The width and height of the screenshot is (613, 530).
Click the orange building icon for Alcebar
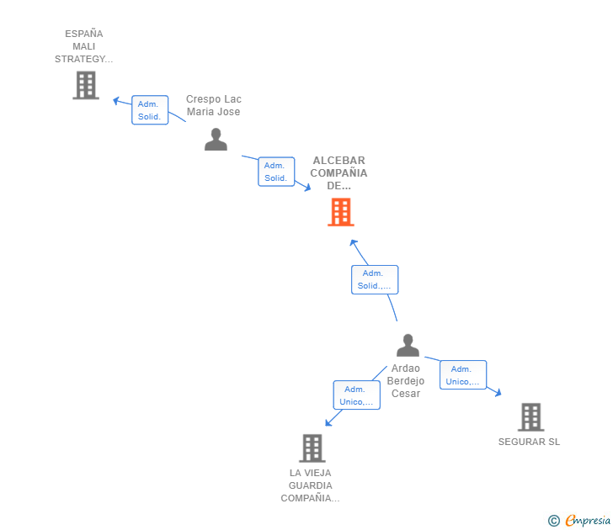click(340, 212)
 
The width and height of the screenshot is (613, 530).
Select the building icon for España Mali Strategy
click(85, 85)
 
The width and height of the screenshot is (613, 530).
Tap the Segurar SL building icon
click(530, 416)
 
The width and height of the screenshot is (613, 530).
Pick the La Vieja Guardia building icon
click(312, 448)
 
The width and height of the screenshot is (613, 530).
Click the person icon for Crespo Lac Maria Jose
click(216, 140)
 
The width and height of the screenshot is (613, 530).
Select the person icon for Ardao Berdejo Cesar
click(408, 345)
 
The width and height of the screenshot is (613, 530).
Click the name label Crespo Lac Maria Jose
click(213, 105)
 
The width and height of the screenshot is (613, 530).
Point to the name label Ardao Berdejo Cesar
click(406, 381)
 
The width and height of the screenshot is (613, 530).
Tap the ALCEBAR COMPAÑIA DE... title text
click(338, 172)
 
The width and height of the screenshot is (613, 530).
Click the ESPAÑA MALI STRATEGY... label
click(83, 46)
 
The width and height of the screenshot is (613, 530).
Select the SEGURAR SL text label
click(529, 443)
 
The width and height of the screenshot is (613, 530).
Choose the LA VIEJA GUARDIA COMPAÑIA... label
click(310, 485)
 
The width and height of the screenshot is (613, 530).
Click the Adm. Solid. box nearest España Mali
click(150, 110)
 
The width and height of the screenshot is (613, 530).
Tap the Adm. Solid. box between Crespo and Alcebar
click(276, 172)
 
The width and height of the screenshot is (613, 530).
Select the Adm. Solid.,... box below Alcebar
click(374, 279)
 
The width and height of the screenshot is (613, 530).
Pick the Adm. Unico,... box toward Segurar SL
click(462, 375)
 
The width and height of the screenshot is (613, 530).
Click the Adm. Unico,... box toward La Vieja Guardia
click(356, 395)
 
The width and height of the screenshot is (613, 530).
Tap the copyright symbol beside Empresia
click(554, 521)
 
